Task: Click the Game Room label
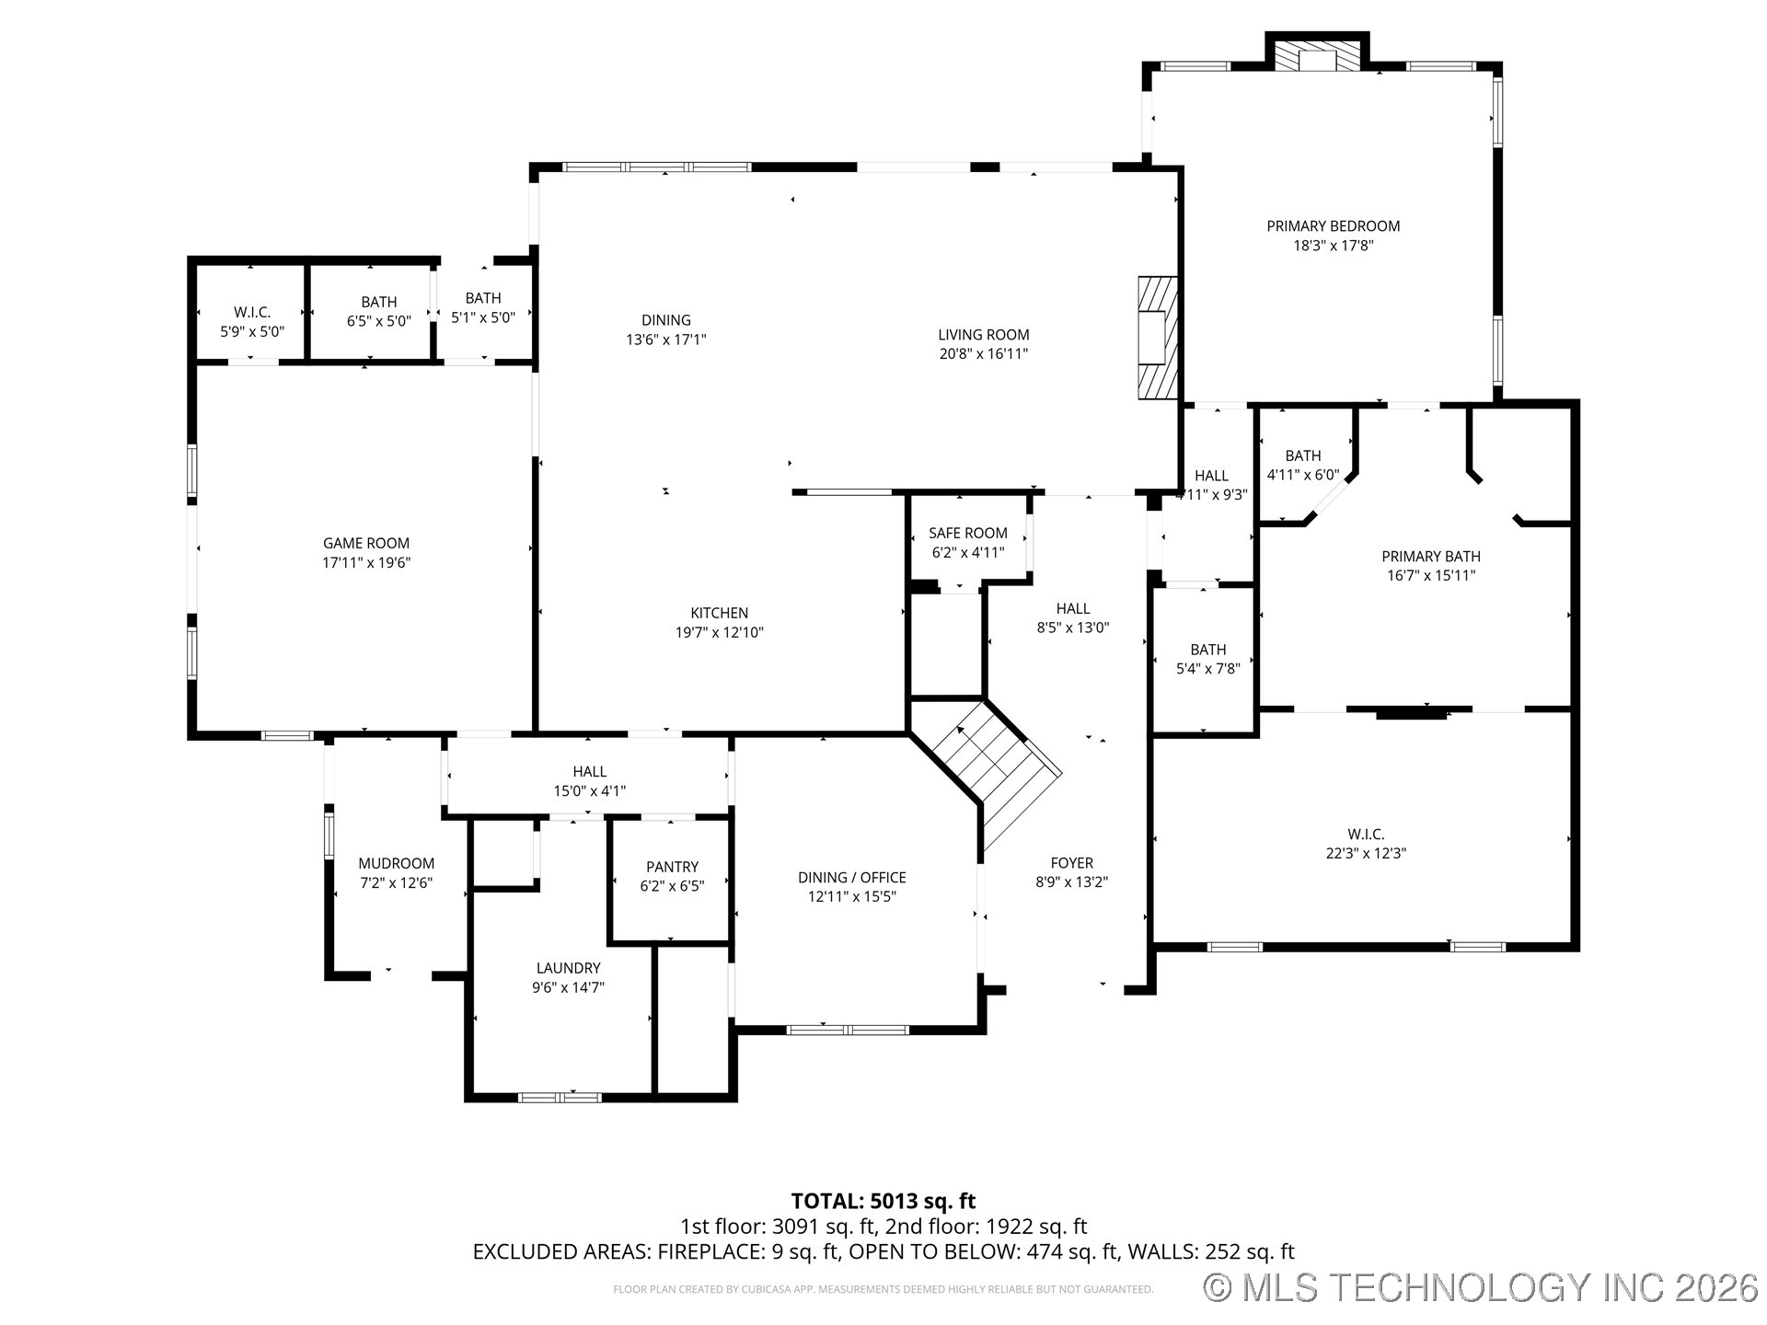click(365, 543)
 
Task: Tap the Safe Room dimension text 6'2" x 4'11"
click(967, 552)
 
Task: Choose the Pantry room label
click(672, 867)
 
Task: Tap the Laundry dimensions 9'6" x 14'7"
click(568, 987)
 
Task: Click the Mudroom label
click(396, 863)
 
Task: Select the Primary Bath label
click(1430, 556)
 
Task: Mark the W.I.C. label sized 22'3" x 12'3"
click(1366, 834)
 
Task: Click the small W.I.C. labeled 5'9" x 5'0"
click(252, 312)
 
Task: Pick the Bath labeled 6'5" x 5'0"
click(378, 302)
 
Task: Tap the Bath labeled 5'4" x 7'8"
click(1207, 650)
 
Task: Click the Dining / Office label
click(851, 877)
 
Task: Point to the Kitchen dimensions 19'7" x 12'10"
click(719, 632)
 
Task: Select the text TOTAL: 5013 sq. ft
click(883, 1201)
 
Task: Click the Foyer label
click(1071, 862)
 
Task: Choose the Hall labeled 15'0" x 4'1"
click(589, 771)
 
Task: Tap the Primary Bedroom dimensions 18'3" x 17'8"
click(1333, 246)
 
